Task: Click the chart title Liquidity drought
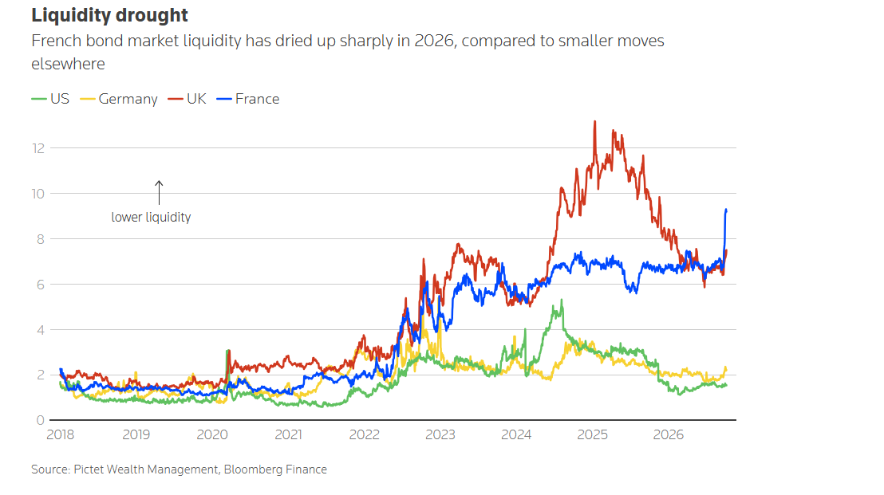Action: click(109, 15)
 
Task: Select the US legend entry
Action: click(50, 99)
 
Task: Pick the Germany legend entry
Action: click(119, 99)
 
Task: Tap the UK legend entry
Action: click(187, 99)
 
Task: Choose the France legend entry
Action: click(248, 99)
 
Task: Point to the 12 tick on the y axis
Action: click(38, 148)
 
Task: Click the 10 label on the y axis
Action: click(37, 194)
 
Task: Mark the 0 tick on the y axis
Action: click(40, 420)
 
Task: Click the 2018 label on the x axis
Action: click(61, 434)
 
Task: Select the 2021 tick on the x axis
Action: click(288, 434)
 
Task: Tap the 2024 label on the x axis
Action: click(516, 434)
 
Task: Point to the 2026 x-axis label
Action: click(668, 434)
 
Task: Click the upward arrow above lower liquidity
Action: click(159, 193)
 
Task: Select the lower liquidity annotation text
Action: click(151, 218)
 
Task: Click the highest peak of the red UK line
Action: click(594, 121)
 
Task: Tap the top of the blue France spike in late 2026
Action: click(726, 210)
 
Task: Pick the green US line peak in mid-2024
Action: click(562, 301)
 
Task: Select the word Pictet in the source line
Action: click(89, 469)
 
